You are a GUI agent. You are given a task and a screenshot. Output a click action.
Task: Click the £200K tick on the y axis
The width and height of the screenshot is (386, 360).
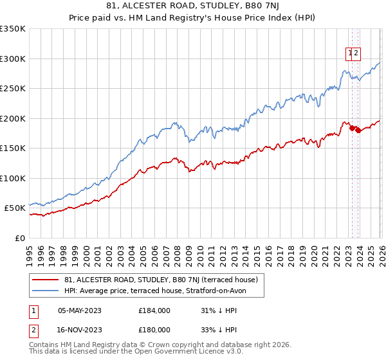(13, 118)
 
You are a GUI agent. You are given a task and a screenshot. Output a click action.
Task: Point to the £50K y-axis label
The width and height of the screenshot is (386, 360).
(15, 208)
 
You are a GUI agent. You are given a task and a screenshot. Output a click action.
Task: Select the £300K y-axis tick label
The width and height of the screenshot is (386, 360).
(13, 59)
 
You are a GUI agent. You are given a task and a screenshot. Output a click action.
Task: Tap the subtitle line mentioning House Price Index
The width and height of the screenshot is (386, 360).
(193, 19)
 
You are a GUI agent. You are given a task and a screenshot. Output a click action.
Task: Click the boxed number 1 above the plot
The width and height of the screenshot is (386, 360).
(350, 54)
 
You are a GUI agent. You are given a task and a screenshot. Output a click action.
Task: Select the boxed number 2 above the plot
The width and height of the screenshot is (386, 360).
(356, 54)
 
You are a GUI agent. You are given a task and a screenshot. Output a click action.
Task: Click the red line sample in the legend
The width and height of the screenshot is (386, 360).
(45, 280)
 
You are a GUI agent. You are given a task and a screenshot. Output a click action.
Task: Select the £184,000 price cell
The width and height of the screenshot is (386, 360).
(154, 310)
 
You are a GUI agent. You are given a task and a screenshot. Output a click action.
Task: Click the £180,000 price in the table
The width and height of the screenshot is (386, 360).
(154, 330)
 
